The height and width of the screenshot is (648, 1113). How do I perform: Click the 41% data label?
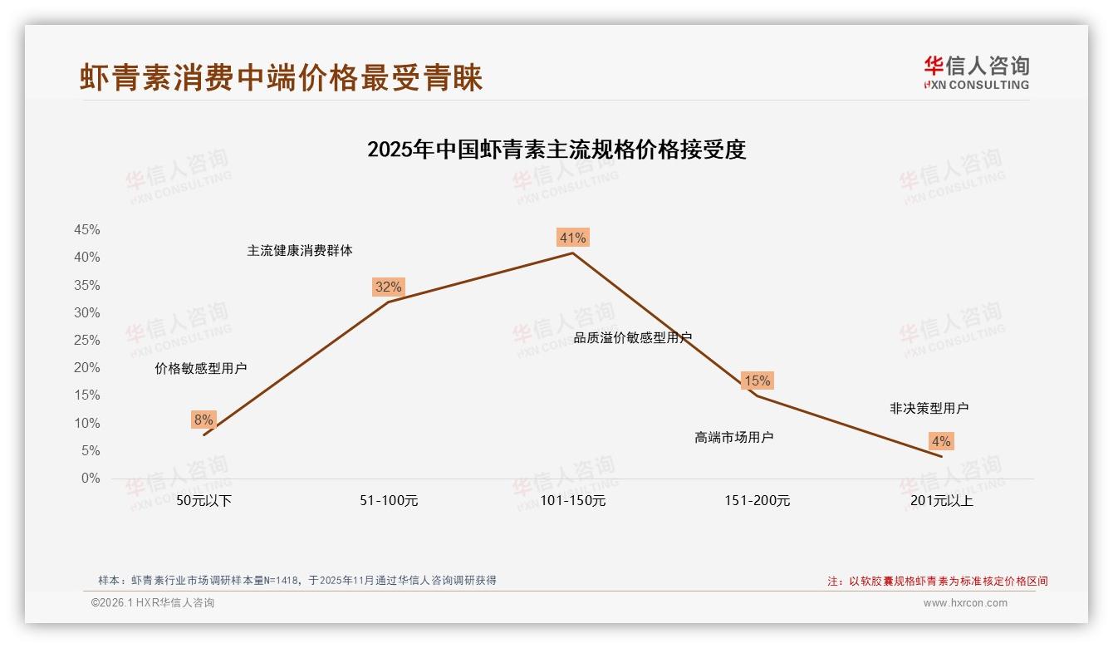pyautogui.click(x=572, y=238)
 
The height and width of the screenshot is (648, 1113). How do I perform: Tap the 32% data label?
pyautogui.click(x=388, y=287)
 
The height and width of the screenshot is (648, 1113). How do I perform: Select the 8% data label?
pyautogui.click(x=203, y=420)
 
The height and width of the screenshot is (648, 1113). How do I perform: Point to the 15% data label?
pyautogui.click(x=757, y=381)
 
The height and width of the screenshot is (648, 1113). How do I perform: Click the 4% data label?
pyautogui.click(x=941, y=442)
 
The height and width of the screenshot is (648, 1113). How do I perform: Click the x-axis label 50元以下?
pyautogui.click(x=204, y=501)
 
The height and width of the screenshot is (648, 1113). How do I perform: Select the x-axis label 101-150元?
pyautogui.click(x=573, y=501)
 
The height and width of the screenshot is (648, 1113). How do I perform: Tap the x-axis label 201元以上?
pyautogui.click(x=941, y=501)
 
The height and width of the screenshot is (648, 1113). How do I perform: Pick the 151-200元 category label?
pyautogui.click(x=757, y=501)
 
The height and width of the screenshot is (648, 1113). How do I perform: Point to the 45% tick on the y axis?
pyautogui.click(x=87, y=230)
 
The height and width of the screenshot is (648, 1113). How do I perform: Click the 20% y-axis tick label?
pyautogui.click(x=87, y=368)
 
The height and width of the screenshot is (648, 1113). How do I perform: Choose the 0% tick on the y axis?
pyautogui.click(x=91, y=479)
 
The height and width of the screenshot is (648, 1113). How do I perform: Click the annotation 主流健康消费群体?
pyautogui.click(x=300, y=251)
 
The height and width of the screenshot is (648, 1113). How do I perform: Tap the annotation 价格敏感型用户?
pyautogui.click(x=201, y=369)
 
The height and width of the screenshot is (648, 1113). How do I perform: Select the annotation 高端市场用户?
pyautogui.click(x=734, y=437)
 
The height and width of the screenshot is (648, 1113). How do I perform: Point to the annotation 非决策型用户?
pyautogui.click(x=929, y=409)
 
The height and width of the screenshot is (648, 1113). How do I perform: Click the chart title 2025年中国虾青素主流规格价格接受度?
pyautogui.click(x=556, y=150)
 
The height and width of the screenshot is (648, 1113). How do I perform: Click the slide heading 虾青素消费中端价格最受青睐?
pyautogui.click(x=282, y=79)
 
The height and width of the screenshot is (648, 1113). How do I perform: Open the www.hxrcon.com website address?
pyautogui.click(x=965, y=603)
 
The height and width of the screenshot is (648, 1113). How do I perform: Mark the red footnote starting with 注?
pyautogui.click(x=938, y=582)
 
